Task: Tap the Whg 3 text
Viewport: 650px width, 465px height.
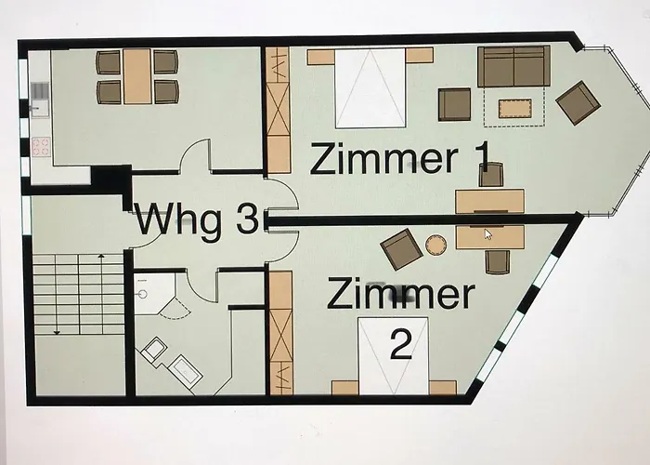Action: [x=197, y=221]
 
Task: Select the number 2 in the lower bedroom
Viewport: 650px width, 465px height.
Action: [x=400, y=346]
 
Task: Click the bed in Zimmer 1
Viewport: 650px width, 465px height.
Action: [x=370, y=88]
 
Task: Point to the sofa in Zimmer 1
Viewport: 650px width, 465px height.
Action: [x=513, y=66]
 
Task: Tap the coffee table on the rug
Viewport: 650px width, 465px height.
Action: [x=513, y=109]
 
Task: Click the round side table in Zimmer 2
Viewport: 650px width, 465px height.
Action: [x=435, y=245]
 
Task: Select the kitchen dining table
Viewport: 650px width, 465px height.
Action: [x=137, y=76]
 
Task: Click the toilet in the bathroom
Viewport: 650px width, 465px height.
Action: [x=152, y=352]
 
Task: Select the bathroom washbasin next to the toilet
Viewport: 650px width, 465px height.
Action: [x=182, y=369]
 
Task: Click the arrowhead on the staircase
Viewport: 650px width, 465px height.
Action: [x=57, y=330]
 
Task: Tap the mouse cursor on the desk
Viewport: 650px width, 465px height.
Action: [x=489, y=234]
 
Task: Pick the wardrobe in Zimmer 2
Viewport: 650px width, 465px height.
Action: [x=279, y=332]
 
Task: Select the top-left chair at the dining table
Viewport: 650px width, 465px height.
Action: [x=109, y=62]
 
